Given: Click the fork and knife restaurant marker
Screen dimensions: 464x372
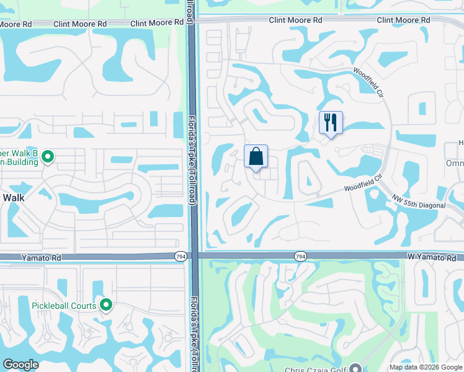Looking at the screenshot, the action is click(x=331, y=123).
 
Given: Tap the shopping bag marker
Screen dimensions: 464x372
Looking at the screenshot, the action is click(x=256, y=157).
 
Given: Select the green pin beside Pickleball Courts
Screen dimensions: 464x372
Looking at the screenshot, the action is click(x=106, y=304).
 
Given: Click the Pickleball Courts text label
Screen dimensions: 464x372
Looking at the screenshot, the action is click(x=65, y=305).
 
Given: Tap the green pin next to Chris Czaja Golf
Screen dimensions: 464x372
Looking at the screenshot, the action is click(x=355, y=368).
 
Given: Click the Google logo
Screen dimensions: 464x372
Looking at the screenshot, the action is click(x=21, y=365).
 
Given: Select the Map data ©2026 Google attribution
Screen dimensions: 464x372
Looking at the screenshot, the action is click(x=426, y=367).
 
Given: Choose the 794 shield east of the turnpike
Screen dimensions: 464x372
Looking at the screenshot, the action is click(x=300, y=256).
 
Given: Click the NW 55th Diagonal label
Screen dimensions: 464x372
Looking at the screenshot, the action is click(x=420, y=201).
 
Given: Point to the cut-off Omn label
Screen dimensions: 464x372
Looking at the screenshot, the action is click(x=454, y=162).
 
